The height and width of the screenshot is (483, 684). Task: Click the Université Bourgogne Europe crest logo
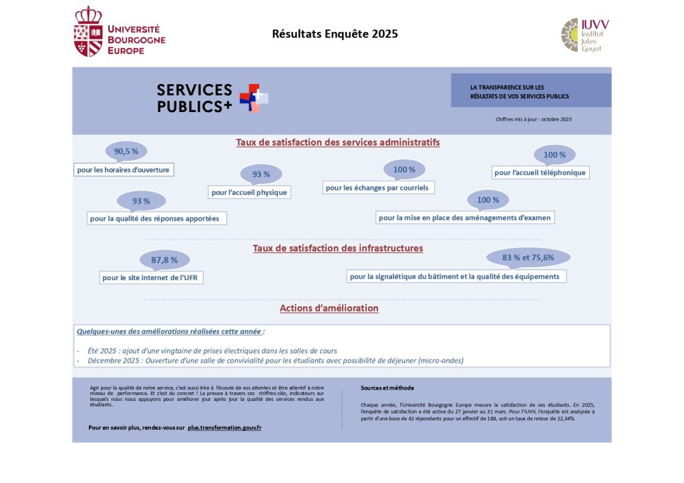coord(88,31)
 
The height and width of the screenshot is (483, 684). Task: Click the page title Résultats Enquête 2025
coord(335,34)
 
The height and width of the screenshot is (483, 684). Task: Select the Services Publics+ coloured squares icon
coord(254,98)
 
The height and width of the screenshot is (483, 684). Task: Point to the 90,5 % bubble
coord(126,151)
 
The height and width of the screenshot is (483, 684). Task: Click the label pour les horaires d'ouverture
coord(124,170)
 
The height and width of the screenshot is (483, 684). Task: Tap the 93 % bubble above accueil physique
coord(261,175)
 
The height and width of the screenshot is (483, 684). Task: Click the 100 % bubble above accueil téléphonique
coord(554,155)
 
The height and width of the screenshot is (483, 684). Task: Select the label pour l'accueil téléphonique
coord(540,173)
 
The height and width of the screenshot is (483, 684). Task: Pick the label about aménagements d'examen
coord(465,217)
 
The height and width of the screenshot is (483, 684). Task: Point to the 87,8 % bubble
coord(164,260)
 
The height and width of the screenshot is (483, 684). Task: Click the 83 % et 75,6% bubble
coord(528,258)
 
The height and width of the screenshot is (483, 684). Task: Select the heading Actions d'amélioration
coord(329,308)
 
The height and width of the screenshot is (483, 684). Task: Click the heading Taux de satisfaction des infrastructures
coord(337,248)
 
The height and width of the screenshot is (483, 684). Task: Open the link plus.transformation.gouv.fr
coord(224,427)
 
